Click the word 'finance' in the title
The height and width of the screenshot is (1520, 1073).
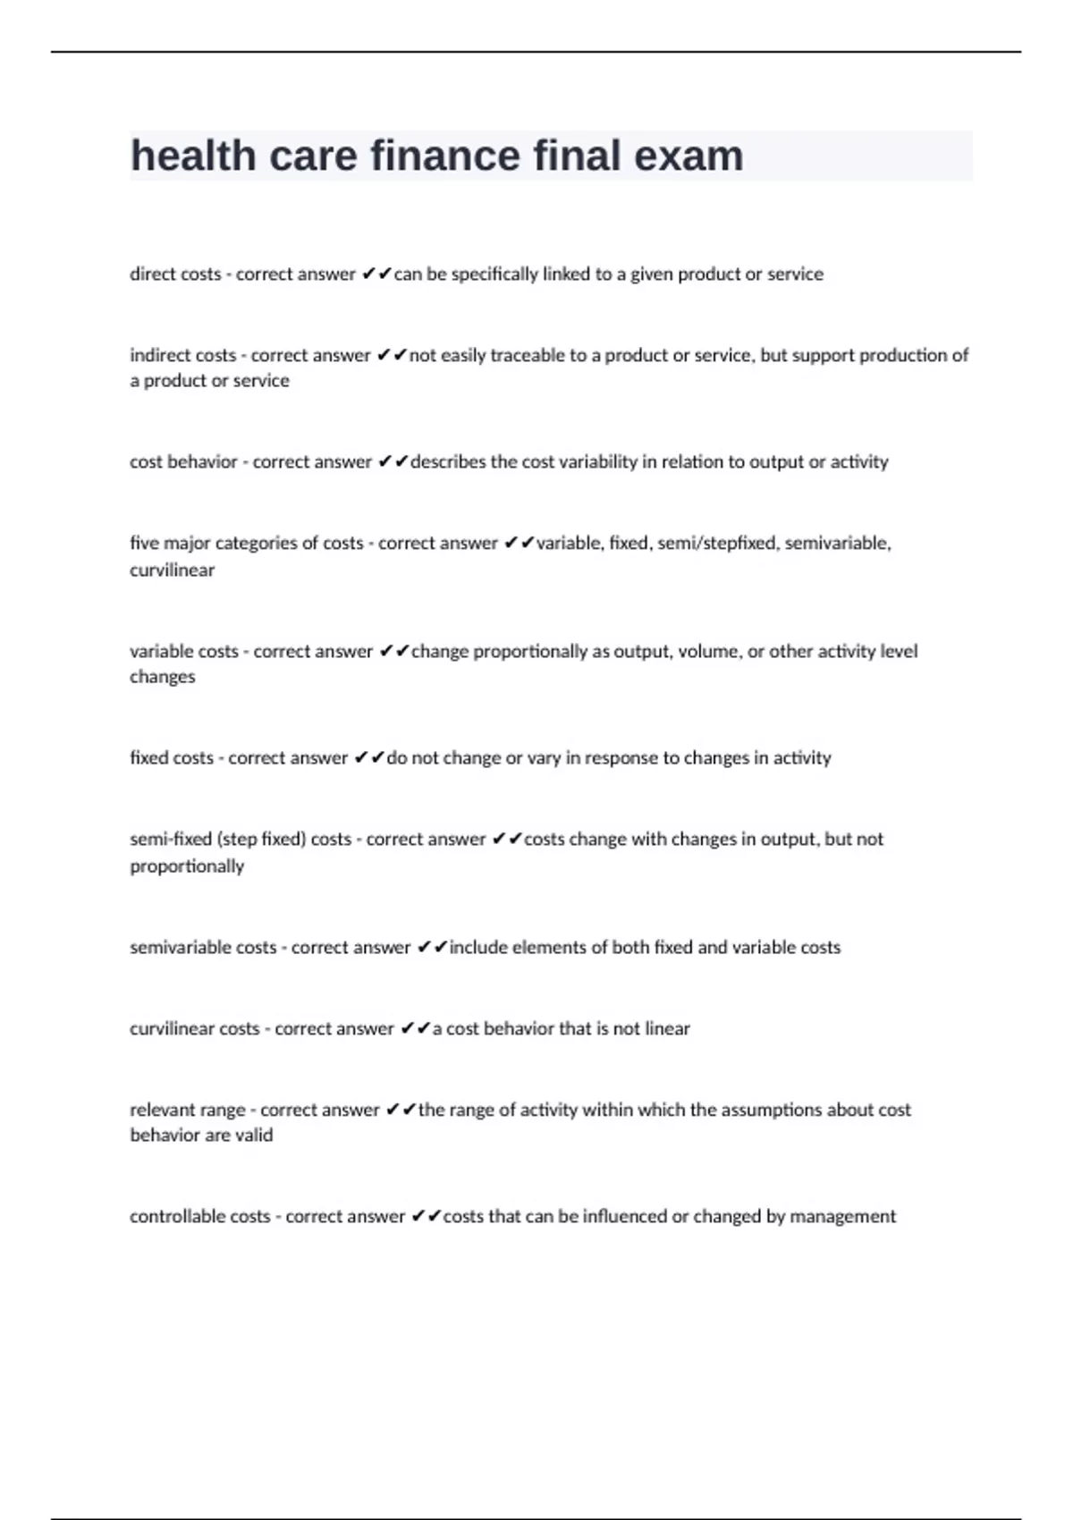(444, 156)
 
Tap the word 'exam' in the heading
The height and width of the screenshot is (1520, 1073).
(689, 156)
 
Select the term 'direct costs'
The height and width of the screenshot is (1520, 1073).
(175, 274)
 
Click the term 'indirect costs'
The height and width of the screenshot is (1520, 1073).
(183, 356)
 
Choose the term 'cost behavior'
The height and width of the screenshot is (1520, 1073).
(183, 462)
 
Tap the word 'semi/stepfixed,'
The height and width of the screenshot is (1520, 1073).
(717, 544)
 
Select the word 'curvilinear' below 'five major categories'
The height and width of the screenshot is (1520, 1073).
(172, 570)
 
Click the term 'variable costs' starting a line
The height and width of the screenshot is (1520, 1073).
(184, 652)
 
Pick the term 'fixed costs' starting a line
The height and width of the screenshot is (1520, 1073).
(172, 758)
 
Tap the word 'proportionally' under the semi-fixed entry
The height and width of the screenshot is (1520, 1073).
(187, 866)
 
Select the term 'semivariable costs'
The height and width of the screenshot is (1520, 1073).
(203, 948)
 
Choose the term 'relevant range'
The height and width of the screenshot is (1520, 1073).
(188, 1110)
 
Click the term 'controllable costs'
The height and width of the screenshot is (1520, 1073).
(199, 1217)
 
